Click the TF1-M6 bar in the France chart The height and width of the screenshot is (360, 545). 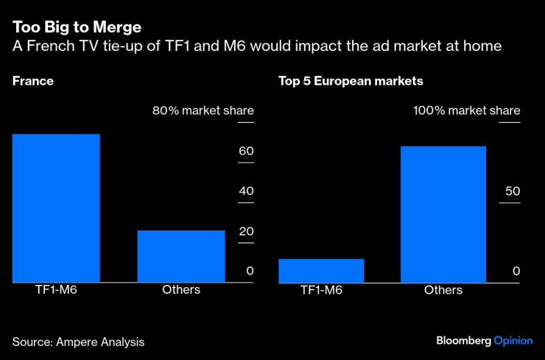[56, 208]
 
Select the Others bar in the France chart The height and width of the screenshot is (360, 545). [181, 255]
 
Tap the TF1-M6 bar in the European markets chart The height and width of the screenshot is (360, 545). [321, 270]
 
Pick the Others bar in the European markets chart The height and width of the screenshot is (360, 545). [443, 213]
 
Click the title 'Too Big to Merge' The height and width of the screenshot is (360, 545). [77, 28]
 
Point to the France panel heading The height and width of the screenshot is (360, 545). [33, 81]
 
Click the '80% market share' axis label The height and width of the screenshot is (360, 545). [203, 111]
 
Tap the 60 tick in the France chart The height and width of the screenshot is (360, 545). [245, 152]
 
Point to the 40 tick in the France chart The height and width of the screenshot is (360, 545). [245, 191]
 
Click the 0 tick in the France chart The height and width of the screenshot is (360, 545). [250, 271]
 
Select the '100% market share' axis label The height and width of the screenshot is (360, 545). [466, 111]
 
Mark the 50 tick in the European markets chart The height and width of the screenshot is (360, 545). [512, 191]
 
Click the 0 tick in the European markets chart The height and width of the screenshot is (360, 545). [516, 271]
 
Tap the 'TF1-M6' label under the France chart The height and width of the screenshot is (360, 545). [56, 290]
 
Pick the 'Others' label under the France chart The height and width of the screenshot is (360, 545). [181, 290]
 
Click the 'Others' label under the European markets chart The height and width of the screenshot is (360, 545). [443, 290]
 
